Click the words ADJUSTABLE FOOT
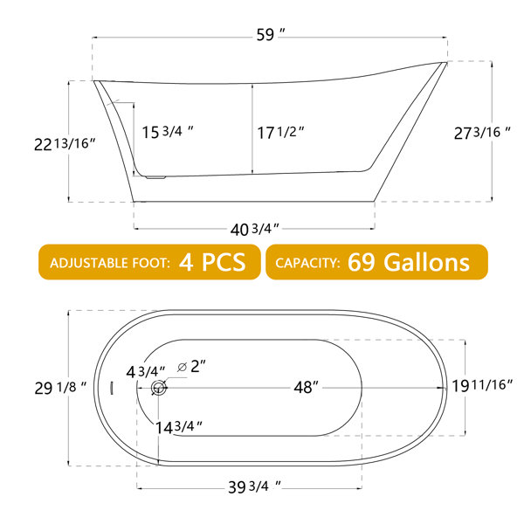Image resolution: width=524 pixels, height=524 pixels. (110, 263)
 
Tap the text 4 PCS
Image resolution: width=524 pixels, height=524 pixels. (217, 262)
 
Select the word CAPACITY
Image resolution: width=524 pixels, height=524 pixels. (307, 263)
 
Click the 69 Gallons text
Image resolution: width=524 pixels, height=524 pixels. (408, 262)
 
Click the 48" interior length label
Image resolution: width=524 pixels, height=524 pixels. (304, 388)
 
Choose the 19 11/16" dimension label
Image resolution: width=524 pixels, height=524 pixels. (482, 385)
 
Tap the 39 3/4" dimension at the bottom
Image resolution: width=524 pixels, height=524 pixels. (257, 486)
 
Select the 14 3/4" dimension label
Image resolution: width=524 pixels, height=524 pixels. (180, 426)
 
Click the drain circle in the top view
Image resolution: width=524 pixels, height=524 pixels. (158, 389)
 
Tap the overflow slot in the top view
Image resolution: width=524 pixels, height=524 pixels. (113, 388)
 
